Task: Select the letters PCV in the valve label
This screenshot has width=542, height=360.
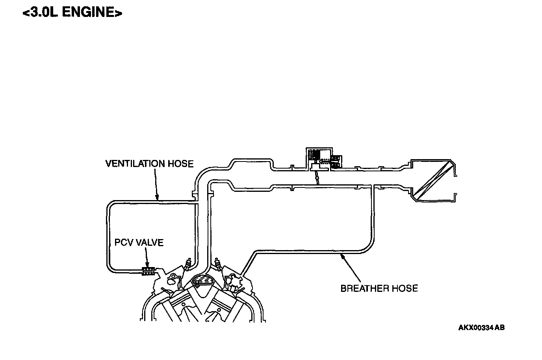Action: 124,242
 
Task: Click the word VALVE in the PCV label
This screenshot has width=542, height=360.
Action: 150,242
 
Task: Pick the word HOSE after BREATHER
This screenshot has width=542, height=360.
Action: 405,288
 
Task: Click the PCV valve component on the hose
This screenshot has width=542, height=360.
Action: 148,271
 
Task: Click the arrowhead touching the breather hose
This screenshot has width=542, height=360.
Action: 342,256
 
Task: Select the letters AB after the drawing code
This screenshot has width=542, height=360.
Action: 499,328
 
